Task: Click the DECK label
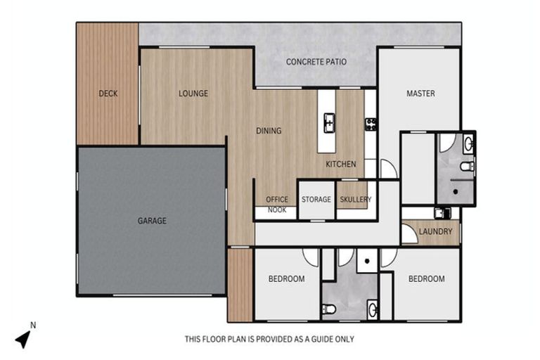108,94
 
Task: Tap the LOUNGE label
193,94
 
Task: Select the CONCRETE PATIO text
316,62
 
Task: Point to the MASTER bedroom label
420,94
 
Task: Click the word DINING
269,131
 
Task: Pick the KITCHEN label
340,165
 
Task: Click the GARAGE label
152,221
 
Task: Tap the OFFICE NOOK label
277,204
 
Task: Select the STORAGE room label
316,200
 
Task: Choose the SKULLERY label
355,200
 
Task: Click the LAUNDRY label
435,231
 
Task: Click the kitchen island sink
328,124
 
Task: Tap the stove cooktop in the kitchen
371,124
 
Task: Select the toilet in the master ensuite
467,167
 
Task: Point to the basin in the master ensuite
469,145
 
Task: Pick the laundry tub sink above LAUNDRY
441,212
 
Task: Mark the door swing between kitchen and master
387,169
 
